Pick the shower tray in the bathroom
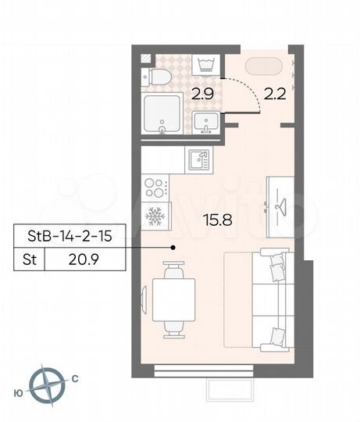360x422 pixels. point(162,115)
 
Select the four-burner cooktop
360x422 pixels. point(155,188)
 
